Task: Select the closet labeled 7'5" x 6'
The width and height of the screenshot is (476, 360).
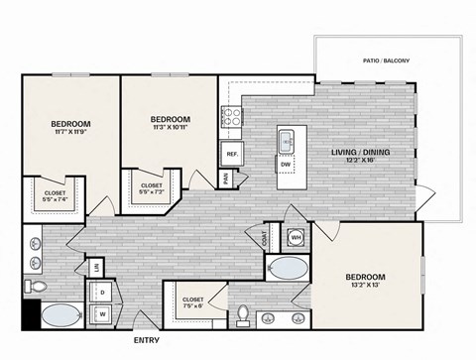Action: pyautogui.click(x=193, y=305)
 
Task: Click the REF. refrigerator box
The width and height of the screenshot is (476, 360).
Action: pyautogui.click(x=231, y=154)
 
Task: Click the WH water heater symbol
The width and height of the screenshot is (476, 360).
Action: pyautogui.click(x=296, y=237)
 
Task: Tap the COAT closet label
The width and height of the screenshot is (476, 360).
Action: pyautogui.click(x=264, y=238)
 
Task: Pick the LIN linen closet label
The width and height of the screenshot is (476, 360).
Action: pyautogui.click(x=97, y=268)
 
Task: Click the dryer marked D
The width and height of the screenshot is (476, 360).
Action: pyautogui.click(x=102, y=294)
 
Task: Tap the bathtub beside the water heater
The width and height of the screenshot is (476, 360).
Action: pyautogui.click(x=288, y=267)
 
